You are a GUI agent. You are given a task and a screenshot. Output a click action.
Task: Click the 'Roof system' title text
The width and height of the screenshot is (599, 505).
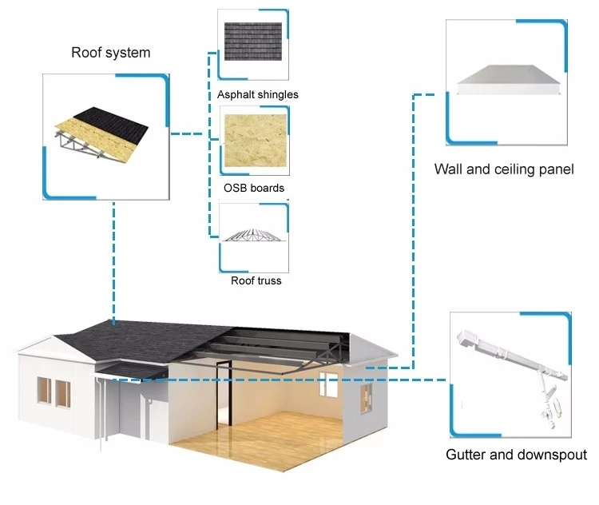(x=110, y=54)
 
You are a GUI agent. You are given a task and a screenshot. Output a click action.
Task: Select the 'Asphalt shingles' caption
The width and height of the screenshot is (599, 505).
(x=257, y=94)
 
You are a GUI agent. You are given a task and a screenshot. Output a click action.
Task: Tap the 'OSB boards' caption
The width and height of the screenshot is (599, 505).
(x=254, y=189)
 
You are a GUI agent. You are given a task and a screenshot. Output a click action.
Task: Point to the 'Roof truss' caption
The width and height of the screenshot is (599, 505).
(x=256, y=280)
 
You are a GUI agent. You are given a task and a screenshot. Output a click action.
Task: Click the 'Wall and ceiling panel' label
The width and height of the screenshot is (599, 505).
(x=504, y=169)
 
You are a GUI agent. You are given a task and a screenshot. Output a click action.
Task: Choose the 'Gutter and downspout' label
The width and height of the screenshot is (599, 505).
(x=516, y=455)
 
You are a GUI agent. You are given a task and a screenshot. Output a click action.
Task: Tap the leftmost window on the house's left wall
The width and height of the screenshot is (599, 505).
(x=43, y=390)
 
